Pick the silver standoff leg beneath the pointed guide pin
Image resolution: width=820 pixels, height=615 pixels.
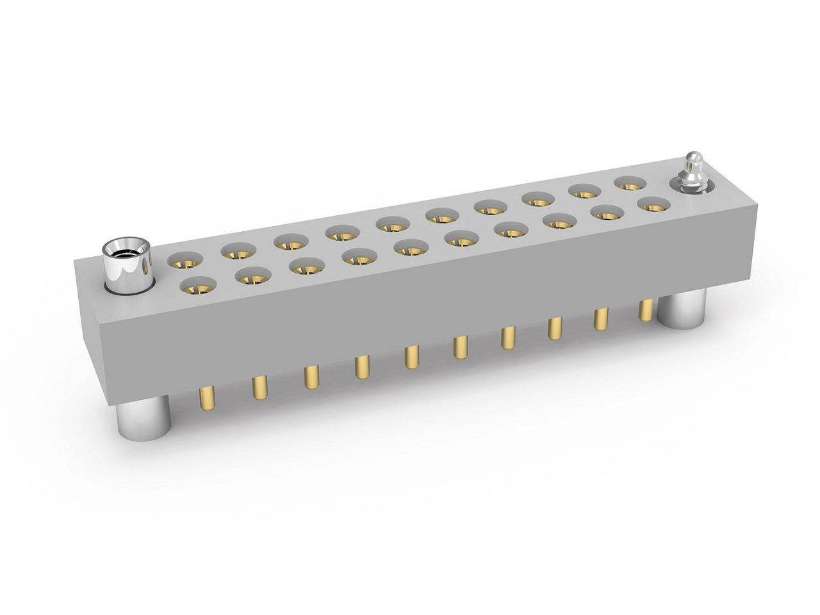pos(682,309)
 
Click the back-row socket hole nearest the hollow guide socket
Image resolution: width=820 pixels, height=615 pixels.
pos(185,260)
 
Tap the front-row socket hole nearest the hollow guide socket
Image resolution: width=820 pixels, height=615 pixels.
pos(199,286)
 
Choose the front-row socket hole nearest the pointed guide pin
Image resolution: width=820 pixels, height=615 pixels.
pos(653,204)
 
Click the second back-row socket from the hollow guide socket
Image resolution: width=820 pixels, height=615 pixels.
pos(239,250)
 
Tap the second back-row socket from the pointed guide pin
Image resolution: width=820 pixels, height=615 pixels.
pos(584,191)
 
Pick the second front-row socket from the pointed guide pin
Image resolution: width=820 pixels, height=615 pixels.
pos(605,213)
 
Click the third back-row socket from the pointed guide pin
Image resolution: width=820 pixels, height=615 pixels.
pos(537,199)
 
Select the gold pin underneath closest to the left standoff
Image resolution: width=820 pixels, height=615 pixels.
pos(207,398)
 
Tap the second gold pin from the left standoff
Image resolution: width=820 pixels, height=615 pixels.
pos(259,388)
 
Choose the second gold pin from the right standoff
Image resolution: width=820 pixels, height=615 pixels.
pos(601,318)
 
